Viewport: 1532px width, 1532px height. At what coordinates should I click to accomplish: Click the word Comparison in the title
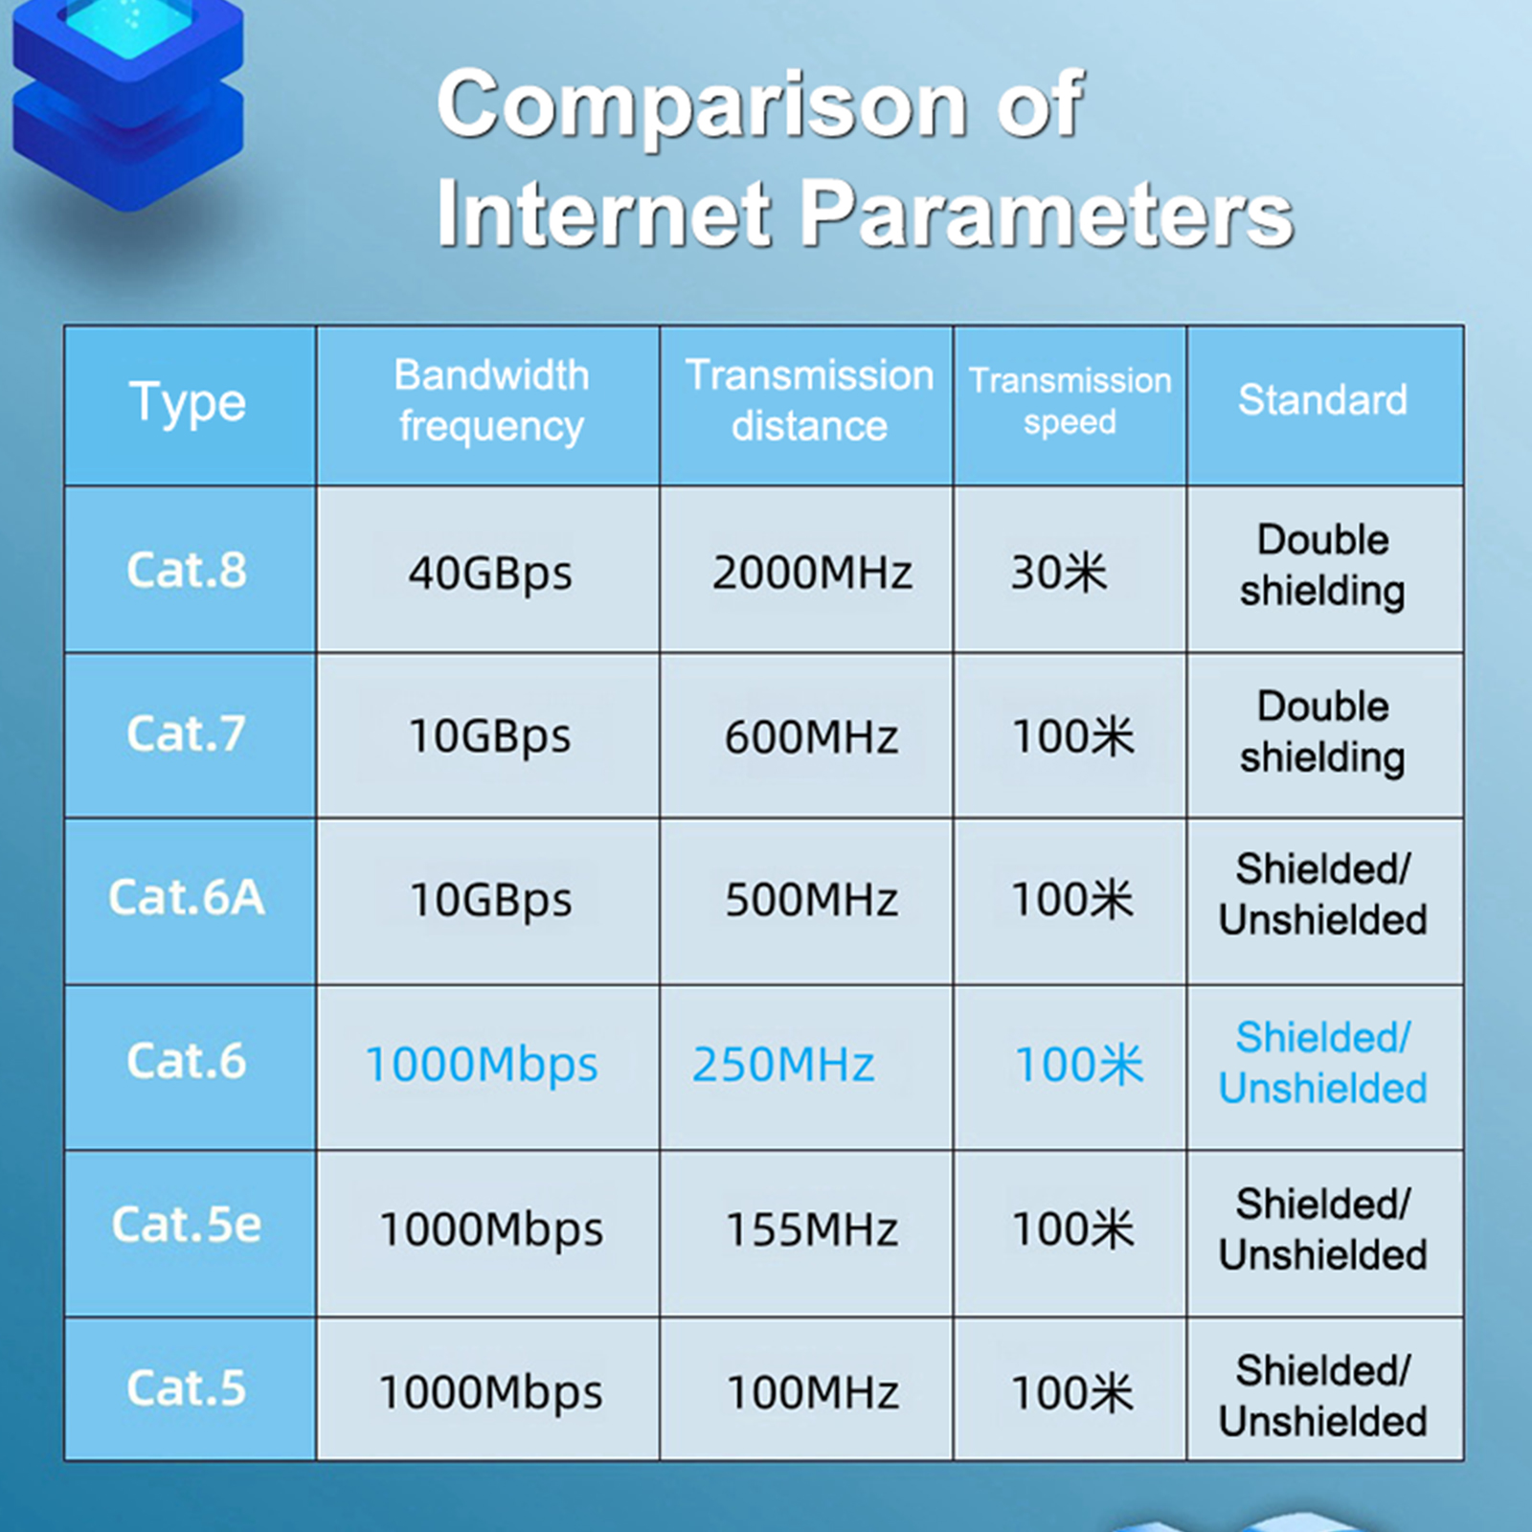pyautogui.click(x=704, y=105)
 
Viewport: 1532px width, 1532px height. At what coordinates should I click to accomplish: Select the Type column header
pyautogui.click(x=188, y=402)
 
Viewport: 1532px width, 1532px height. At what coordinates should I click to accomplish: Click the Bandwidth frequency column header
pyautogui.click(x=491, y=400)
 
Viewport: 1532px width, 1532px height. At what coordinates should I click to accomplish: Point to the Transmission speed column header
pyautogui.click(x=1070, y=400)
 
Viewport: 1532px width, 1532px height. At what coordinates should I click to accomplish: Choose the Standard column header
pyautogui.click(x=1322, y=399)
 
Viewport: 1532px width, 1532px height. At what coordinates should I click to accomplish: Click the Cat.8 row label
pyautogui.click(x=187, y=570)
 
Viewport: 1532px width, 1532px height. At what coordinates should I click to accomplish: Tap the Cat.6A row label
pyautogui.click(x=187, y=897)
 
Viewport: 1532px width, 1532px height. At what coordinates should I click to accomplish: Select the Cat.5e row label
pyautogui.click(x=187, y=1224)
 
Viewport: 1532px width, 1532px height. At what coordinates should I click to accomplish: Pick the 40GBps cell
pyautogui.click(x=490, y=574)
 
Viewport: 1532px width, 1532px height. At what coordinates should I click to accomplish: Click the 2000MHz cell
pyautogui.click(x=812, y=573)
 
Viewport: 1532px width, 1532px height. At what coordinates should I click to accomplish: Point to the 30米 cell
pyautogui.click(x=1059, y=573)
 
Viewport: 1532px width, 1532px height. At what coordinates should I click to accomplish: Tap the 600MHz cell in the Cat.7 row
pyautogui.click(x=811, y=736)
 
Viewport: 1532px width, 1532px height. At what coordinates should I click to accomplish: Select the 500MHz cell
pyautogui.click(x=811, y=900)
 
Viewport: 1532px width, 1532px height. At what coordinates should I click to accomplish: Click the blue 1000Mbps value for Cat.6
pyautogui.click(x=482, y=1065)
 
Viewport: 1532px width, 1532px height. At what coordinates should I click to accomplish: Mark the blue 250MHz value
pyautogui.click(x=783, y=1064)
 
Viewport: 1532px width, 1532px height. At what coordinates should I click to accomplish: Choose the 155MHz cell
pyautogui.click(x=812, y=1229)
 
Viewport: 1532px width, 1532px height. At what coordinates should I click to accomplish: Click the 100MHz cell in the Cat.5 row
pyautogui.click(x=813, y=1393)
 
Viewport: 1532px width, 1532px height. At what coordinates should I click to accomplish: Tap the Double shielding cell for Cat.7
pyautogui.click(x=1322, y=732)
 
